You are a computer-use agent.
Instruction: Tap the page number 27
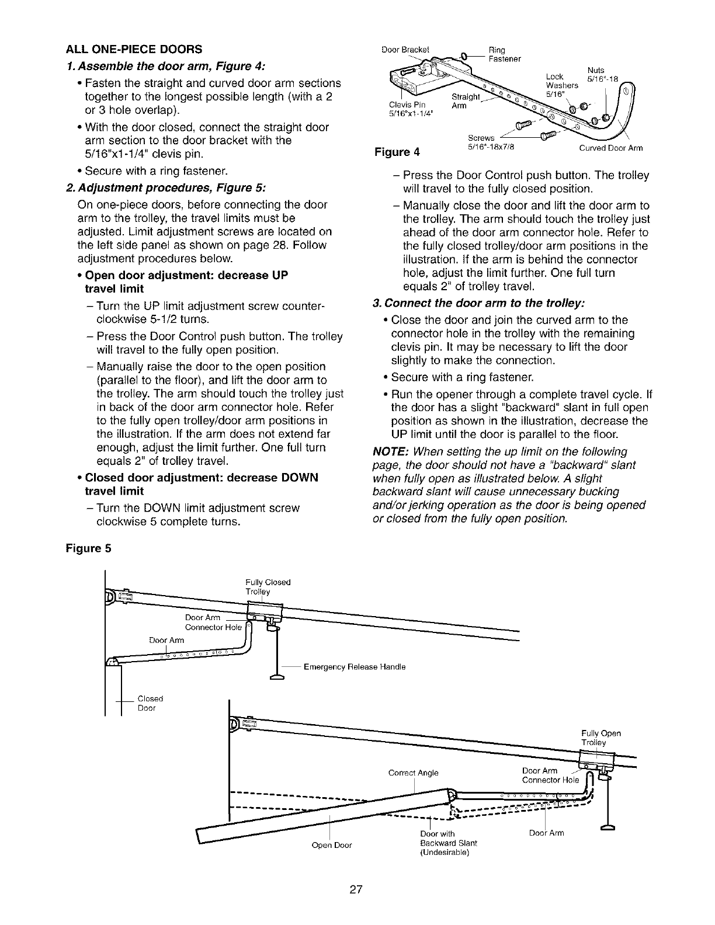357,889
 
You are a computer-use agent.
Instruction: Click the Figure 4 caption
397,152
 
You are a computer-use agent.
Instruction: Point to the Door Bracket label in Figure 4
405,50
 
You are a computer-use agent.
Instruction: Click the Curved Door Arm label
611,148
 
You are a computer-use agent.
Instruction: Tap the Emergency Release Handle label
355,666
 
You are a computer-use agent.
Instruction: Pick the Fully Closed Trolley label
268,587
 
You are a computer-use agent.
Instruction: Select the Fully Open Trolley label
601,738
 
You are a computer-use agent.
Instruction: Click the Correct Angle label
413,773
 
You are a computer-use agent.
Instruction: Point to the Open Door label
331,845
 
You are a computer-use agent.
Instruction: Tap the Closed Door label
150,703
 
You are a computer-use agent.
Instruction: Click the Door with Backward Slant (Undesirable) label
448,843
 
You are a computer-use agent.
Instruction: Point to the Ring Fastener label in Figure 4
504,54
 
